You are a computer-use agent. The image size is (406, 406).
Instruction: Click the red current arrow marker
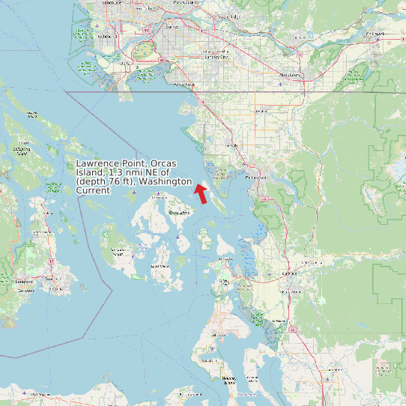coord(200,193)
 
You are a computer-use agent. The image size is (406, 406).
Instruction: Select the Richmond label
coord(105,35)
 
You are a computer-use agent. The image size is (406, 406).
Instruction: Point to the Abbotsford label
coord(290,75)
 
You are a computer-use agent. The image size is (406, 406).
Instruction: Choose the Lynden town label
coord(261,112)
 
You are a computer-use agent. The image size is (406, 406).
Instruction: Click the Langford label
coord(25,282)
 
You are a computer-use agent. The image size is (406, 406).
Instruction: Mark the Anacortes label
coord(225,258)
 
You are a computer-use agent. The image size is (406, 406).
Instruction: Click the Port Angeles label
coord(30,395)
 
